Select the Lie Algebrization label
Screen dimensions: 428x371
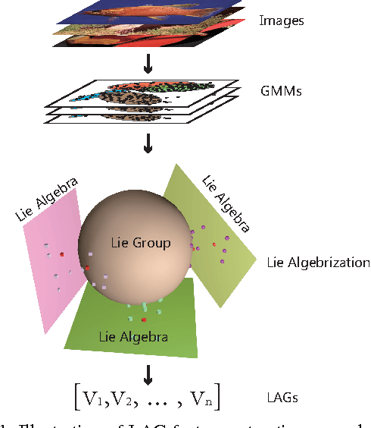point(318,263)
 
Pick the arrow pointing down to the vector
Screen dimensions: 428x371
point(148,373)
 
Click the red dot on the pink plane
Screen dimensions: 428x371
point(62,254)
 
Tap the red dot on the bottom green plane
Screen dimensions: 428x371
point(143,319)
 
